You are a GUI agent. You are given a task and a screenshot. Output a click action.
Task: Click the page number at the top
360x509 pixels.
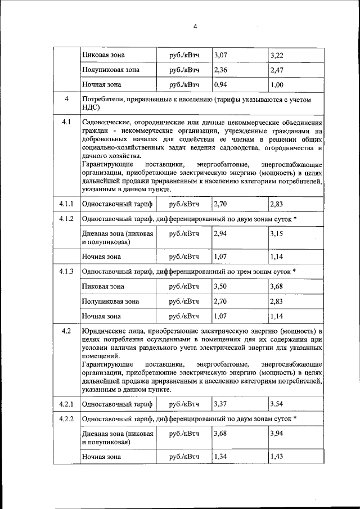(195, 27)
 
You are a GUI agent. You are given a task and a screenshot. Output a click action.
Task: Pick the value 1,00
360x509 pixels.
(277, 85)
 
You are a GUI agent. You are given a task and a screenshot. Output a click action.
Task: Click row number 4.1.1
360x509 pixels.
(66, 204)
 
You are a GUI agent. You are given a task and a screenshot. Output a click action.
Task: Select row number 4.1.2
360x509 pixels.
(66, 218)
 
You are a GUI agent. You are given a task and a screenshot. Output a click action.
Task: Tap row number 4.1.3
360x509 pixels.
(66, 271)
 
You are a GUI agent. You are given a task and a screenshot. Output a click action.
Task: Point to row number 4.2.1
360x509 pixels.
(66, 404)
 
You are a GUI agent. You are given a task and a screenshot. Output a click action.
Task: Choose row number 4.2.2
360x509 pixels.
(66, 418)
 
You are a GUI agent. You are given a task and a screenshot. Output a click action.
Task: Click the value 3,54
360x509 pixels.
(277, 404)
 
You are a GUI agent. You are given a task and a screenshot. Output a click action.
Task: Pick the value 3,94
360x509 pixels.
(277, 434)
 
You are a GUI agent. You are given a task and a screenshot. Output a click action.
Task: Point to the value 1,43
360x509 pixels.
(277, 457)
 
